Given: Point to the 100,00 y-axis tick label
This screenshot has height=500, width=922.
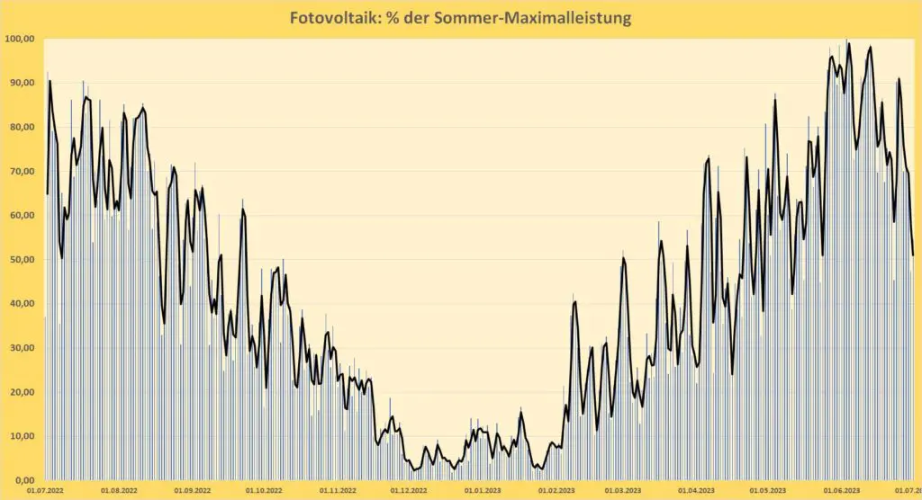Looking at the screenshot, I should (19, 39).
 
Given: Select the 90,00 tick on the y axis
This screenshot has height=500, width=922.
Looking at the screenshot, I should (21, 83).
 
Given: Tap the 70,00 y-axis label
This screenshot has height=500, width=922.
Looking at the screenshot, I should (21, 171).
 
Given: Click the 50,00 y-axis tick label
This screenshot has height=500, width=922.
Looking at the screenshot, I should (21, 259).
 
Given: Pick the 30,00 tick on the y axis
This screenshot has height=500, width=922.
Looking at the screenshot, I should (21, 348).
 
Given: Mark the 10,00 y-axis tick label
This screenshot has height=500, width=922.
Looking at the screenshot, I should (21, 436).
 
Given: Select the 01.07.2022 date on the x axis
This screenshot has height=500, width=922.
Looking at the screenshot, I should (45, 491).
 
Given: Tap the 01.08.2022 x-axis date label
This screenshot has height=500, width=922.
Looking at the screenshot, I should (118, 491).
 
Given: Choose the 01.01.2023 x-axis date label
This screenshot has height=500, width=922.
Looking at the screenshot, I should (483, 491).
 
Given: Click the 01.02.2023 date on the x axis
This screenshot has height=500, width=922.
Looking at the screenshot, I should (556, 491).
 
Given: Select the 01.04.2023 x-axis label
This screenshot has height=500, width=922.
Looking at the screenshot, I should (695, 491).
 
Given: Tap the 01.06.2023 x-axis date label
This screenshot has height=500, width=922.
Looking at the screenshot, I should (837, 491).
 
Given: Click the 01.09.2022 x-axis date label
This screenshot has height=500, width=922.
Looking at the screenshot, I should (191, 491).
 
